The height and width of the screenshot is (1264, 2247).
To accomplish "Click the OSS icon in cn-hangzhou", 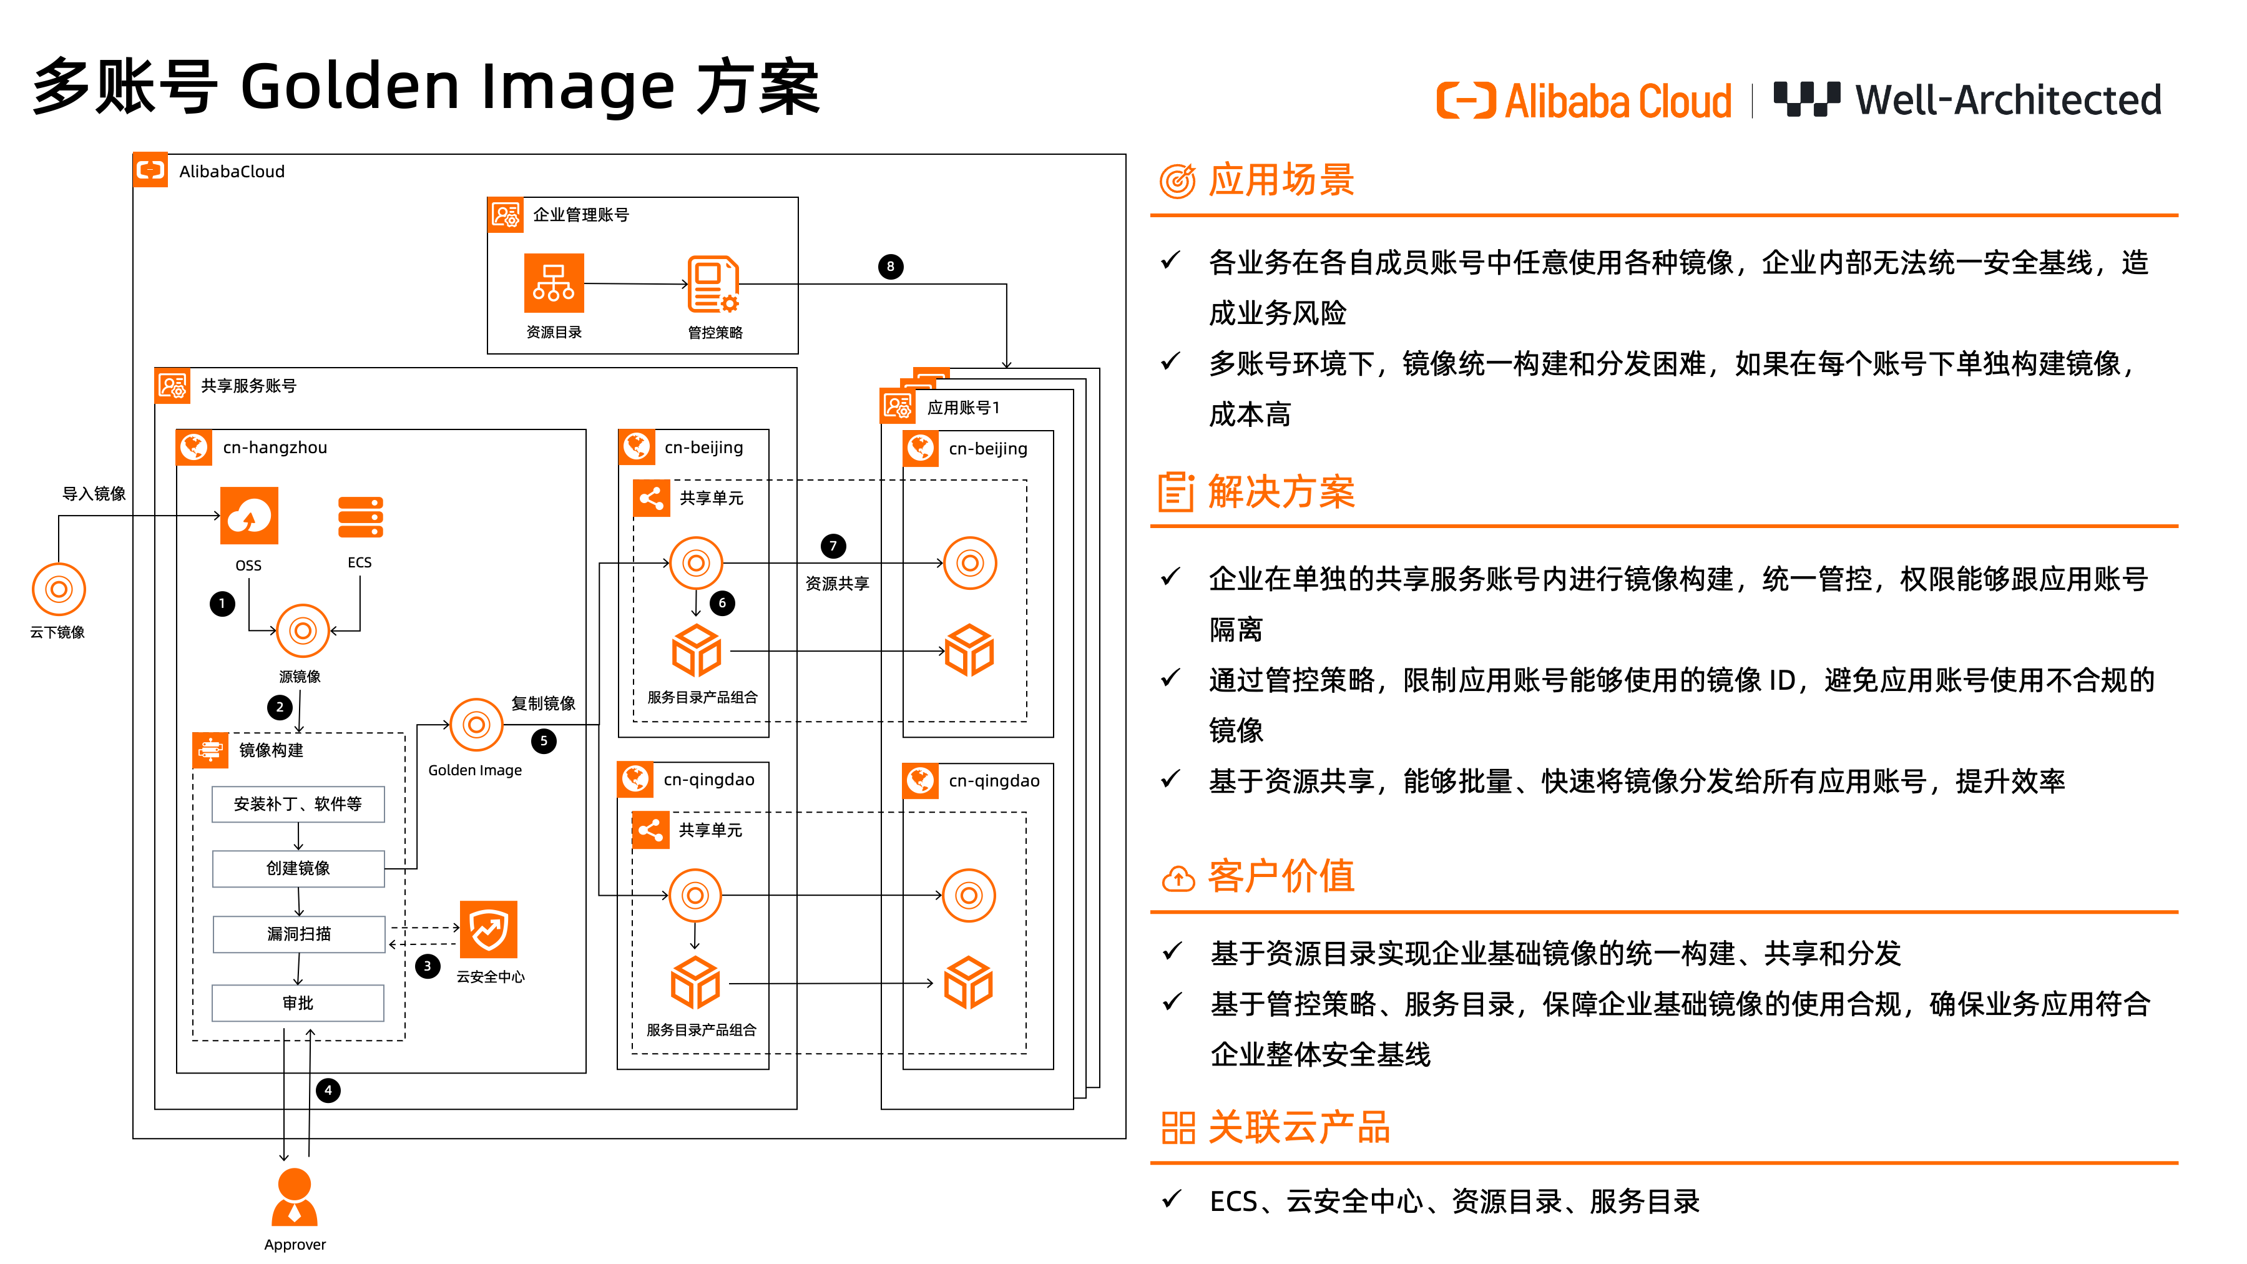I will pos(250,516).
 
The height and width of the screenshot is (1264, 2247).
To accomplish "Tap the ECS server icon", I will pos(360,518).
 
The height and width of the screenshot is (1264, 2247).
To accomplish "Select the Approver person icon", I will pos(295,1198).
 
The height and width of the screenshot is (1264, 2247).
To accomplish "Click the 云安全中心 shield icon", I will pos(489,930).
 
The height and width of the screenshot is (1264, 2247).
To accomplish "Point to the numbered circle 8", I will pos(889,267).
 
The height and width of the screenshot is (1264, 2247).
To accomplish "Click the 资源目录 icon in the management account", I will pos(554,283).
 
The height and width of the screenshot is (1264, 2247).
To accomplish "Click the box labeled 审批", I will pos(298,1003).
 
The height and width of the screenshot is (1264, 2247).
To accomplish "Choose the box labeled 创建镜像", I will pos(298,869).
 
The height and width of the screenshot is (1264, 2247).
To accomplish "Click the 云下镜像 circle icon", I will pos(59,590).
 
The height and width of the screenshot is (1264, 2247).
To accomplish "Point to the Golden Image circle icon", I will pos(476,724).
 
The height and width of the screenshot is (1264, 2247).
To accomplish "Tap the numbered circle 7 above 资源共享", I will pos(833,546).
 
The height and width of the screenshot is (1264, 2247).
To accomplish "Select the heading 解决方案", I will pos(1281,492).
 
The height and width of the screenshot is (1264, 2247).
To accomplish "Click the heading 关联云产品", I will pos(1298,1128).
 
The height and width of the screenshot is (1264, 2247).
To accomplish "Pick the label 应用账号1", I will pos(963,408).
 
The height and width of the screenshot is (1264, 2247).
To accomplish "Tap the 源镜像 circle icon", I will pos(303,630).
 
